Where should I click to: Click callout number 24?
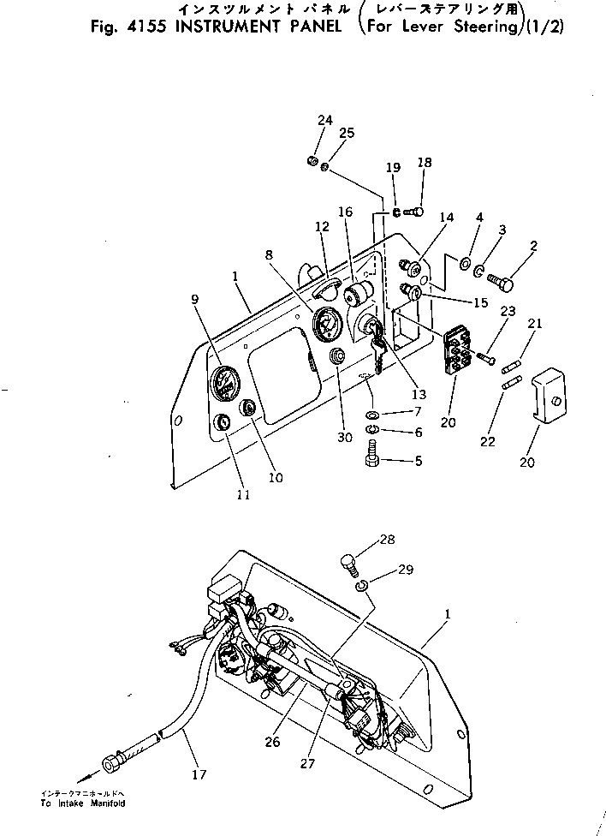pyautogui.click(x=324, y=121)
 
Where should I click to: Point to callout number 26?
pyautogui.click(x=272, y=742)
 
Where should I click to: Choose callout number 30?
pyautogui.click(x=344, y=438)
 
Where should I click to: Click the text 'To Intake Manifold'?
pyautogui.click(x=82, y=804)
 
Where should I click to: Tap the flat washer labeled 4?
pyautogui.click(x=465, y=263)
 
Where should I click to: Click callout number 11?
pyautogui.click(x=243, y=494)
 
